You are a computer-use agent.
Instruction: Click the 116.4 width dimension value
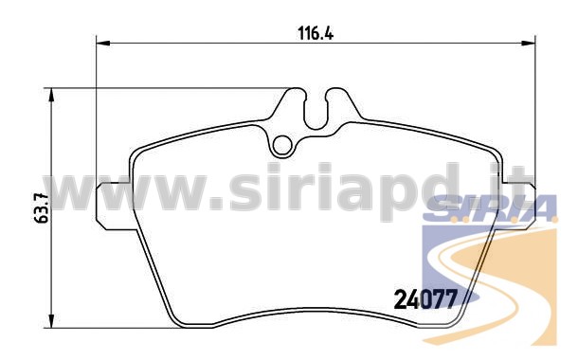pyautogui.click(x=316, y=33)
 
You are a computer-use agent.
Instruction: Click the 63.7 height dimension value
pyautogui.click(x=42, y=207)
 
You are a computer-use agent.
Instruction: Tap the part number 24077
pyautogui.click(x=425, y=298)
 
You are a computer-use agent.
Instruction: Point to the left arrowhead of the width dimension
pyautogui.click(x=103, y=44)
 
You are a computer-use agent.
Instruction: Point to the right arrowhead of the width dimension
pyautogui.click(x=528, y=44)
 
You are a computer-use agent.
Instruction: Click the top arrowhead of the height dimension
pyautogui.click(x=51, y=95)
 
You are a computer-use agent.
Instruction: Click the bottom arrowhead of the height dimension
pyautogui.click(x=51, y=320)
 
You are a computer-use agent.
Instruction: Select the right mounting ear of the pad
pyautogui.click(x=517, y=206)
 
